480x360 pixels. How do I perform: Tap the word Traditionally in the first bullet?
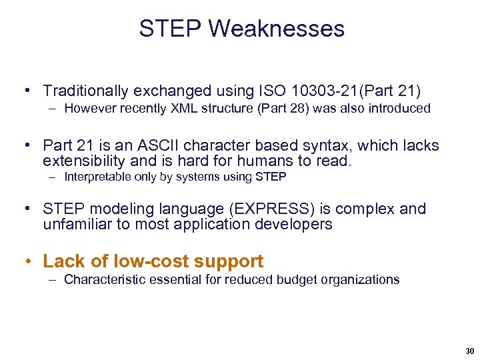point(87,90)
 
